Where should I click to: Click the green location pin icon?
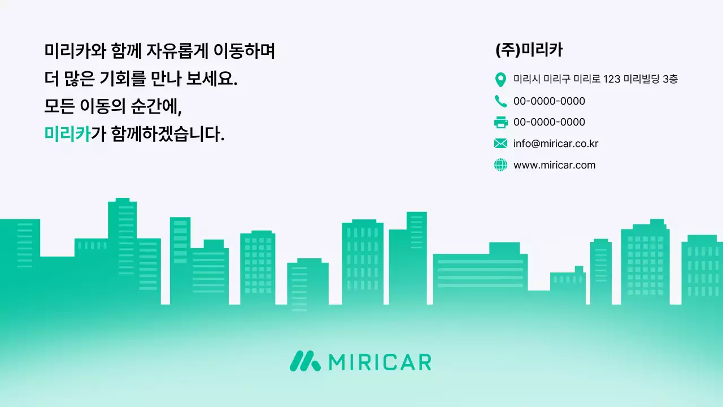500,80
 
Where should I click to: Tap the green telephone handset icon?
500,101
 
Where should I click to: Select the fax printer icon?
500,122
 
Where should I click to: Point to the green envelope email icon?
500,144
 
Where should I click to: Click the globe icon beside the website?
500,165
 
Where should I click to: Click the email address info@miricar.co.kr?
555,144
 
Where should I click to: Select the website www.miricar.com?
554,165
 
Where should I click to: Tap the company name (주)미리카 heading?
529,50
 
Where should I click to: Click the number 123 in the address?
612,79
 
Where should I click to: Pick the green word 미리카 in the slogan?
67,135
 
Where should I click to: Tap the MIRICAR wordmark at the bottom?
379,362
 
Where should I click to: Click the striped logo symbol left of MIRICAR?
305,361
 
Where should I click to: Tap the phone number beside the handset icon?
549,101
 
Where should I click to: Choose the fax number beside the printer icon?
549,122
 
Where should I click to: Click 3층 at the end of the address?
670,79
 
